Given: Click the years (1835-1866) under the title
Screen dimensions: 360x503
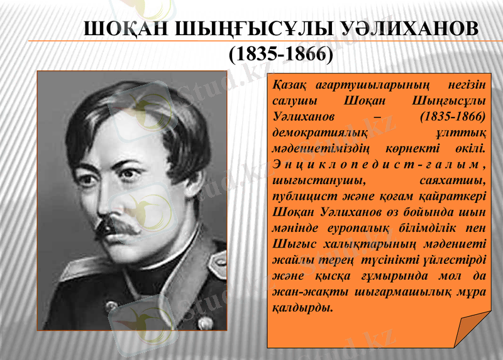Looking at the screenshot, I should click(280, 55).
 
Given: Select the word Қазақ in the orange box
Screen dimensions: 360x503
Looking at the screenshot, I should click(290, 85).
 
